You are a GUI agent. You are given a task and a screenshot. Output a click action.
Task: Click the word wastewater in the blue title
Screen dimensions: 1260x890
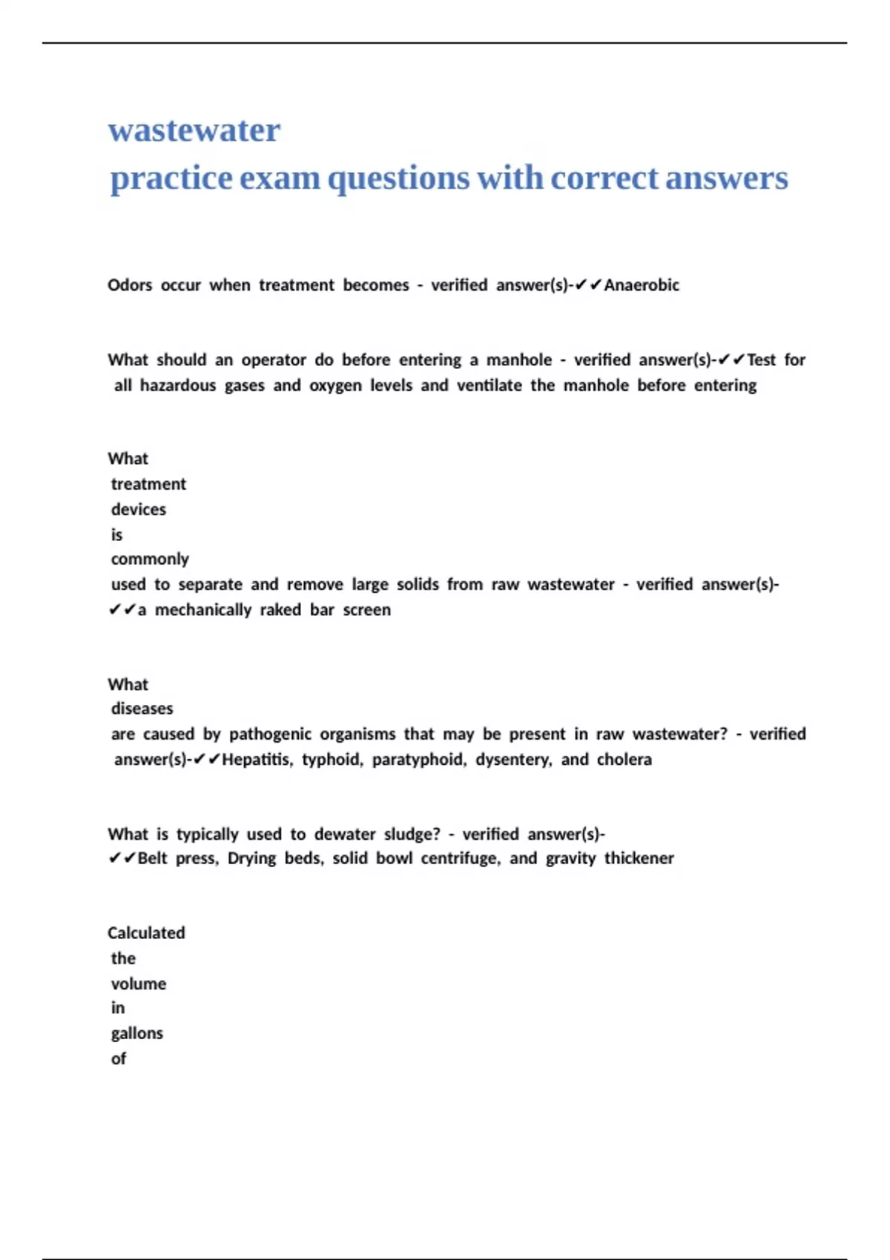click(194, 130)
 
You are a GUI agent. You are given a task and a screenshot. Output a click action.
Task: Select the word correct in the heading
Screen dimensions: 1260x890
click(604, 178)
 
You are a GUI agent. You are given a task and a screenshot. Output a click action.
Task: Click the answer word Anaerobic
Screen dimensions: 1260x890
click(642, 285)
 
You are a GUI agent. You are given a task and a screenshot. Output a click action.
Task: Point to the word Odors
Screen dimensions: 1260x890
click(130, 285)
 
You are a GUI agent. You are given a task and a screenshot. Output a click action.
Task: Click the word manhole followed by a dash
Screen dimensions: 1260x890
click(519, 360)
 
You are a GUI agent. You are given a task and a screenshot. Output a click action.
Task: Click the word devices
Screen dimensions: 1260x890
click(139, 510)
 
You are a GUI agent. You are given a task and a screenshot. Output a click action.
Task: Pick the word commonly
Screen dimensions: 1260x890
click(150, 559)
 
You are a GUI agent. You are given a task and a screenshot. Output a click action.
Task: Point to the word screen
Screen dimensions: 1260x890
click(366, 610)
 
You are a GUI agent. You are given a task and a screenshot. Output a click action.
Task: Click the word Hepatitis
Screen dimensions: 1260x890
click(257, 760)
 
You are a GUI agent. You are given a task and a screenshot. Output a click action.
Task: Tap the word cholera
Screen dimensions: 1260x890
click(624, 760)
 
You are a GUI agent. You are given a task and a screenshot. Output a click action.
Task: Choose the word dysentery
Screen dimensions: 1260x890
click(513, 760)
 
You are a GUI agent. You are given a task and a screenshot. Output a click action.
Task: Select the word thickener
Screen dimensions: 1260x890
click(639, 858)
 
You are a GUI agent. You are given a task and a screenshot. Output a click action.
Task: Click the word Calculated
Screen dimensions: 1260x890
click(146, 933)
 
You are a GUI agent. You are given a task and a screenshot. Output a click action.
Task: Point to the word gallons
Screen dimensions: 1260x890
click(137, 1034)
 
